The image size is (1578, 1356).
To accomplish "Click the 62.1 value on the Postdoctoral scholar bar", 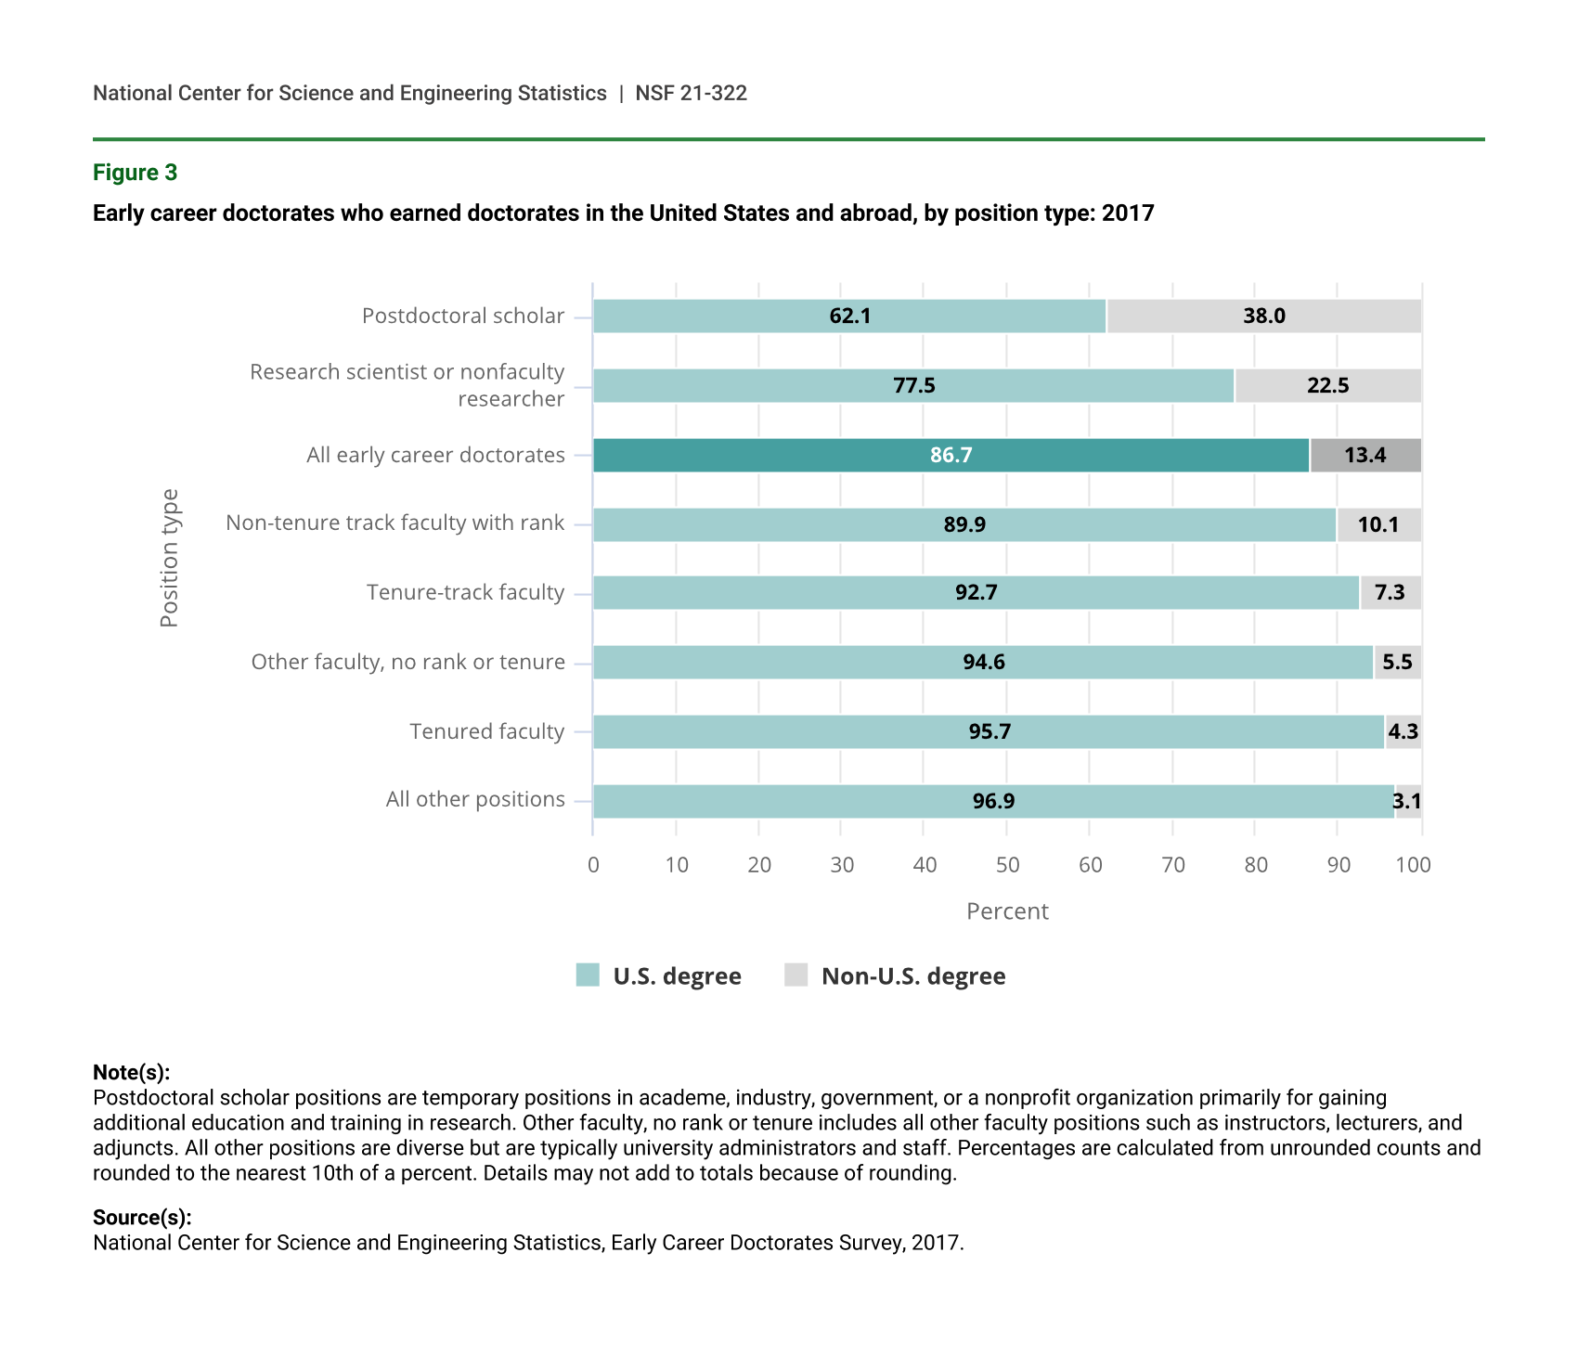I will (x=849, y=316).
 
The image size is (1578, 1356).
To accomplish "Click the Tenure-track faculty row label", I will (x=465, y=592).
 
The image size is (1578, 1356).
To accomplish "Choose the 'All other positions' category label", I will (x=475, y=799).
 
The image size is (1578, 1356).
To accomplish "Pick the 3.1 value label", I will (x=1407, y=801).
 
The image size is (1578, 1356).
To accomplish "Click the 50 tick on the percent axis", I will (x=1007, y=865).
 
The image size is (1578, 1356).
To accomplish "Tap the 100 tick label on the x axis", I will (x=1413, y=865).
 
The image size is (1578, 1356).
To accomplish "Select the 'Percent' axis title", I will (x=1007, y=911).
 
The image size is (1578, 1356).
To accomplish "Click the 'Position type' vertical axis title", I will (x=169, y=558).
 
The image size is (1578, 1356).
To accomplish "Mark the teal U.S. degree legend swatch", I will (x=588, y=975).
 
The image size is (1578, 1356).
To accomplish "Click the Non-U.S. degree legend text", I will (x=913, y=976).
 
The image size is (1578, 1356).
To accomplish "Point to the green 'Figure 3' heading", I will (x=135, y=173).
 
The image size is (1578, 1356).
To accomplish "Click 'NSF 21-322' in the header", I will (x=691, y=93).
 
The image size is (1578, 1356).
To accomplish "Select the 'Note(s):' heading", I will (x=131, y=1073).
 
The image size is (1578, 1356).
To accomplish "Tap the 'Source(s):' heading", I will (x=142, y=1218).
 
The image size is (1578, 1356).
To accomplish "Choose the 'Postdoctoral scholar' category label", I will (x=462, y=316).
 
